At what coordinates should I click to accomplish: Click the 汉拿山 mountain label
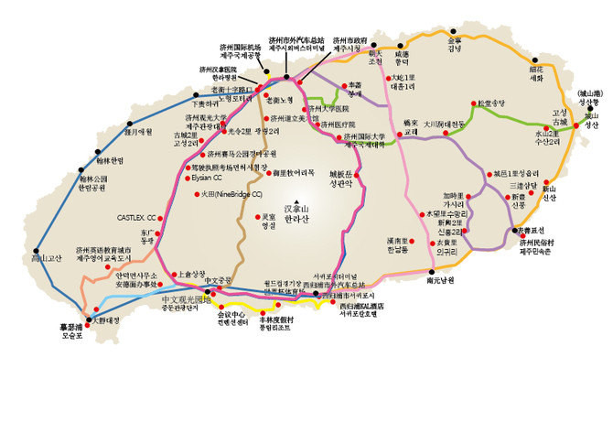[x=301, y=210]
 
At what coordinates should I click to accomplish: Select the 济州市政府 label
[x=350, y=45]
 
